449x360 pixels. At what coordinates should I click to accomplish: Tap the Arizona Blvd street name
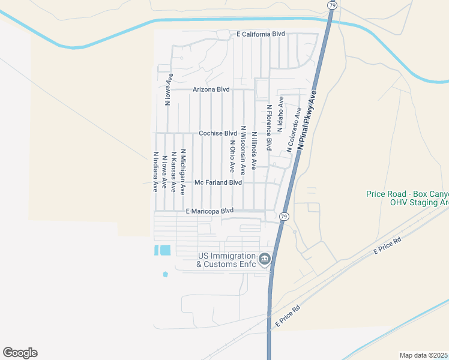click(211, 89)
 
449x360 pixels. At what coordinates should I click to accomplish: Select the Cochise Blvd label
click(218, 133)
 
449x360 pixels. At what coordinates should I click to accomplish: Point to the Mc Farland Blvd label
click(218, 182)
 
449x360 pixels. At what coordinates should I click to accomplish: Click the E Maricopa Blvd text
click(209, 211)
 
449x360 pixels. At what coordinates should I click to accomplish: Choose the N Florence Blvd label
click(270, 127)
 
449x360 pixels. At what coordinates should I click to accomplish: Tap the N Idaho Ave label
click(280, 114)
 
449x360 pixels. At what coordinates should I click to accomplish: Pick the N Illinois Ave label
click(255, 151)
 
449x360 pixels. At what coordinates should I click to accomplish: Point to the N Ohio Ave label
click(232, 157)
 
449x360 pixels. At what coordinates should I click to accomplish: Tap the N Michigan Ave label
click(183, 172)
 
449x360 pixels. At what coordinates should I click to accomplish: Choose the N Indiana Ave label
click(155, 171)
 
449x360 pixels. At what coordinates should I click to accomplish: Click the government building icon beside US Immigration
click(265, 259)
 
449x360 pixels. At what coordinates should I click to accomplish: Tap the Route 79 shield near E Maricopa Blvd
click(284, 216)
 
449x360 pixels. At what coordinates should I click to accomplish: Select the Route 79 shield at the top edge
click(332, 5)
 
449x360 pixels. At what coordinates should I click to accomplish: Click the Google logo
click(20, 353)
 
